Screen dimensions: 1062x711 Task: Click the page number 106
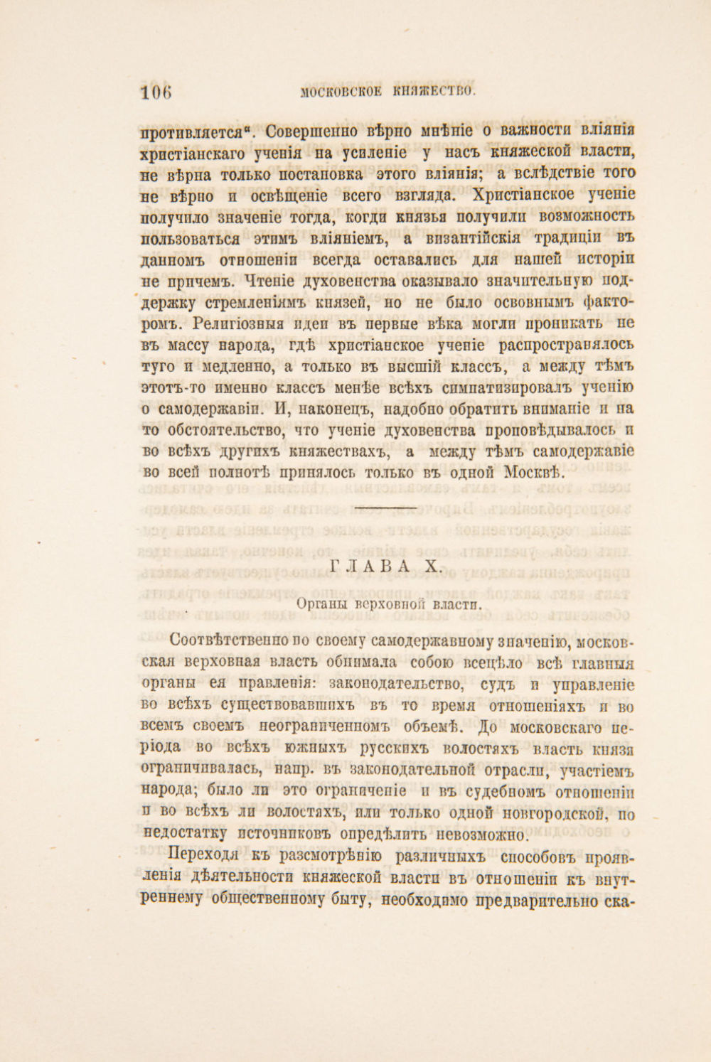click(157, 92)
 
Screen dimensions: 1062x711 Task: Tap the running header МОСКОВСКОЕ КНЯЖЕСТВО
click(387, 91)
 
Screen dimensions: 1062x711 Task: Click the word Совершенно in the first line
click(309, 131)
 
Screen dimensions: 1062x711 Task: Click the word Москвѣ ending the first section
click(536, 473)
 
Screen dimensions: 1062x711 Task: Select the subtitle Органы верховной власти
click(389, 604)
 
